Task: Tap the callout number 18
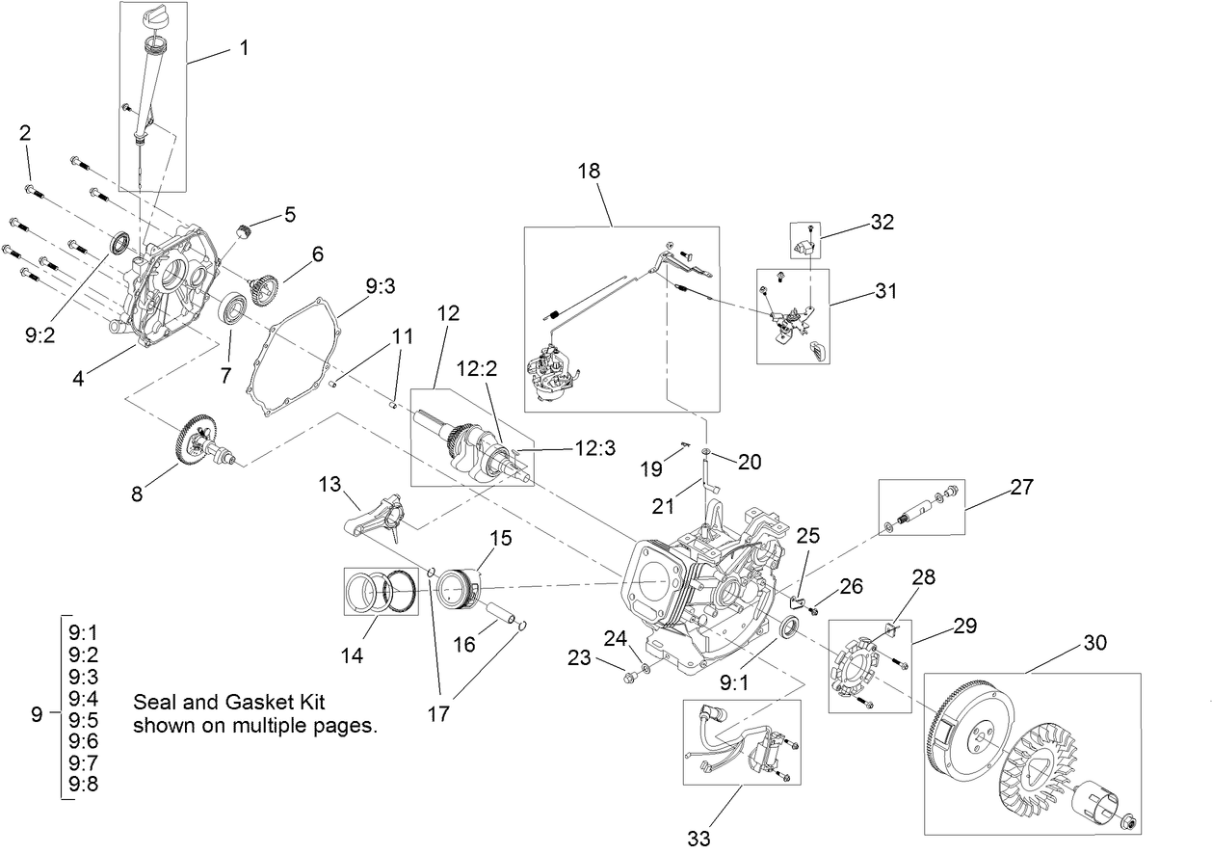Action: click(x=589, y=171)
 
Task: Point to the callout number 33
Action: click(x=699, y=838)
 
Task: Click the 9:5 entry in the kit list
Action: click(x=83, y=719)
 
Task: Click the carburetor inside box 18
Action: click(x=555, y=375)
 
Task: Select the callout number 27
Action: click(x=1021, y=487)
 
